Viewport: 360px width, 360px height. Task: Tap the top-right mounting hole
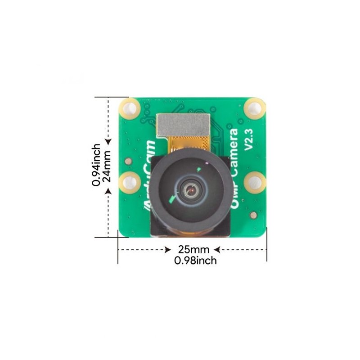(255, 108)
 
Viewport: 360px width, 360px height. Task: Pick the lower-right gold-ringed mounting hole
(255, 183)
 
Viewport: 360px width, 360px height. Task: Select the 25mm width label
(193, 249)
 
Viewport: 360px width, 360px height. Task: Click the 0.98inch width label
(195, 261)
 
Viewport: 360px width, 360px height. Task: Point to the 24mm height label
(107, 166)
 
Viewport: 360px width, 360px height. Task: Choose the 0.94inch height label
(96, 165)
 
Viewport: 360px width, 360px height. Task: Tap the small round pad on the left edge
(128, 161)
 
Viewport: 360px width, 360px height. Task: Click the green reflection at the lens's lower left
(170, 199)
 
